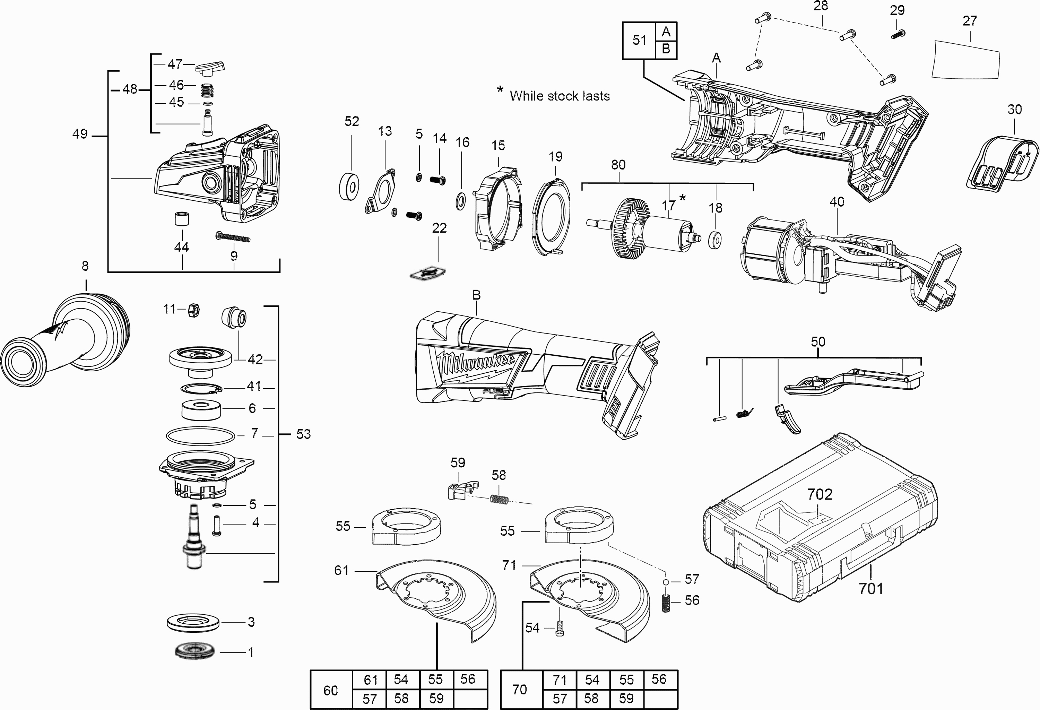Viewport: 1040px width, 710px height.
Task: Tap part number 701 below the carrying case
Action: (x=871, y=588)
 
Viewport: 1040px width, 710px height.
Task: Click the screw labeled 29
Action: (x=898, y=34)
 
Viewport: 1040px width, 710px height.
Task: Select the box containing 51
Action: (x=639, y=40)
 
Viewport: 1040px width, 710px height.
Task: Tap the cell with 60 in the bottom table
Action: (x=331, y=690)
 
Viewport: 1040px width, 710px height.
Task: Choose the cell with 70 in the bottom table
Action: (x=520, y=690)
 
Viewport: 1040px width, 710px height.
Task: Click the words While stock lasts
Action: (x=560, y=96)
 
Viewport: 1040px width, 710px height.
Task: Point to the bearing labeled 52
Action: (x=349, y=185)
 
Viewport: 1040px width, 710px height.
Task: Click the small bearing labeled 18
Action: (x=715, y=240)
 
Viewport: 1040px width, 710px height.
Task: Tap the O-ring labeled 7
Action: (x=200, y=436)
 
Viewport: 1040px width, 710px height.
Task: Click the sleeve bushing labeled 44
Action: (x=182, y=219)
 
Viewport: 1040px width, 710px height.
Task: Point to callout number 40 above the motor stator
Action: (x=837, y=202)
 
